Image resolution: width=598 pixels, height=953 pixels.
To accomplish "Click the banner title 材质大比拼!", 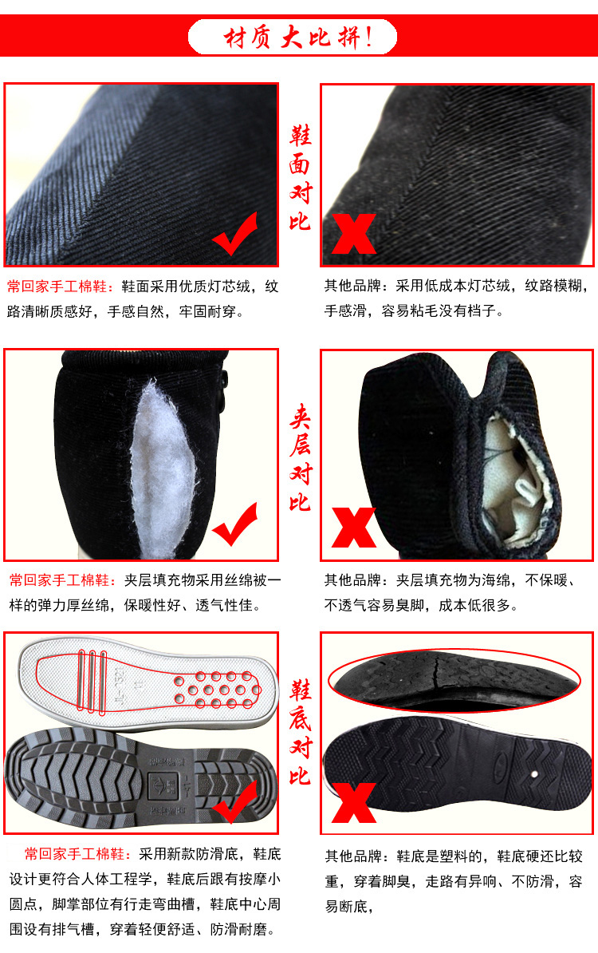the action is click(x=297, y=38).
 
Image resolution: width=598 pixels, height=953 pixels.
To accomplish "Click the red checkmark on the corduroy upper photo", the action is click(x=234, y=234).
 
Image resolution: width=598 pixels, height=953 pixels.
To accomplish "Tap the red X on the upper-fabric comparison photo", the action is click(x=353, y=234).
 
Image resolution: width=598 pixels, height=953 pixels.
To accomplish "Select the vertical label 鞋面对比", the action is click(x=300, y=177).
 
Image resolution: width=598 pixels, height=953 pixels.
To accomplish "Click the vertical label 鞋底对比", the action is click(x=300, y=733).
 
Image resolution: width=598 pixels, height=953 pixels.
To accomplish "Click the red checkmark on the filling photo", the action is click(x=234, y=524).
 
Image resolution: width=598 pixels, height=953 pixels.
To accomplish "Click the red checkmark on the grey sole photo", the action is click(x=235, y=801).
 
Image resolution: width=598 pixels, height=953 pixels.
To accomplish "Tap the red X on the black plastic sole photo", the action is click(x=353, y=802).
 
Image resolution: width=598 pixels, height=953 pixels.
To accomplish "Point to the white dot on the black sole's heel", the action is click(x=534, y=774).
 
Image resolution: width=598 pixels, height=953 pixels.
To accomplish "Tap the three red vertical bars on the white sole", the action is click(x=92, y=681).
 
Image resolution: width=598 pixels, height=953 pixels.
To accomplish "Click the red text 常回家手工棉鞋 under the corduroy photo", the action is click(x=57, y=287).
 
